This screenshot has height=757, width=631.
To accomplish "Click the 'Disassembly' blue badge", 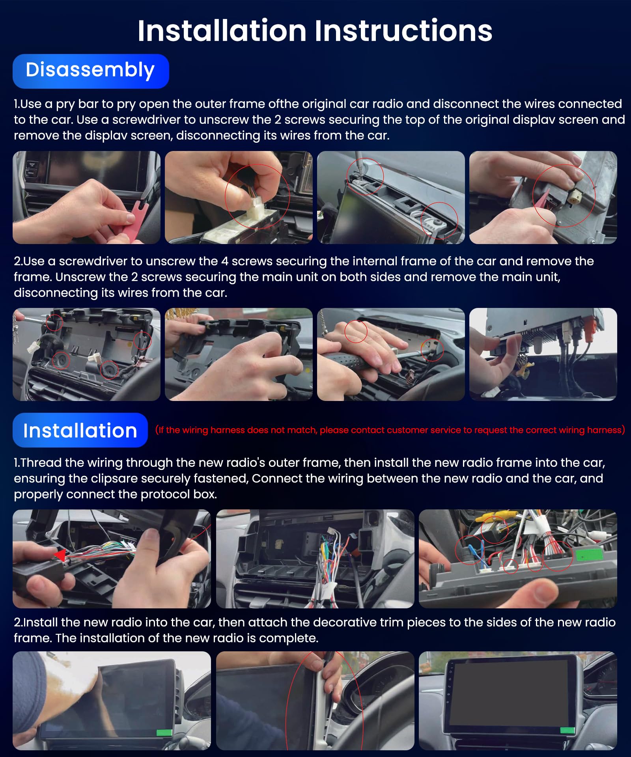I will point(90,71).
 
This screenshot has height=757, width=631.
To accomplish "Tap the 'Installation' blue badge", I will point(80,430).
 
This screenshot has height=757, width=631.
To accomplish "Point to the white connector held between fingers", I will point(256,209).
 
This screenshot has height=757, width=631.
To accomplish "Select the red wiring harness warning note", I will point(390,430).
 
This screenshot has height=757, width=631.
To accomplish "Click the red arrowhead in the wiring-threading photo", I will point(60,555).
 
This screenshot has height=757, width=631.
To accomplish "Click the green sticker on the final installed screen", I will point(567,730).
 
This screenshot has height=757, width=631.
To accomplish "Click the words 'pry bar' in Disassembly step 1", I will point(77,104).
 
